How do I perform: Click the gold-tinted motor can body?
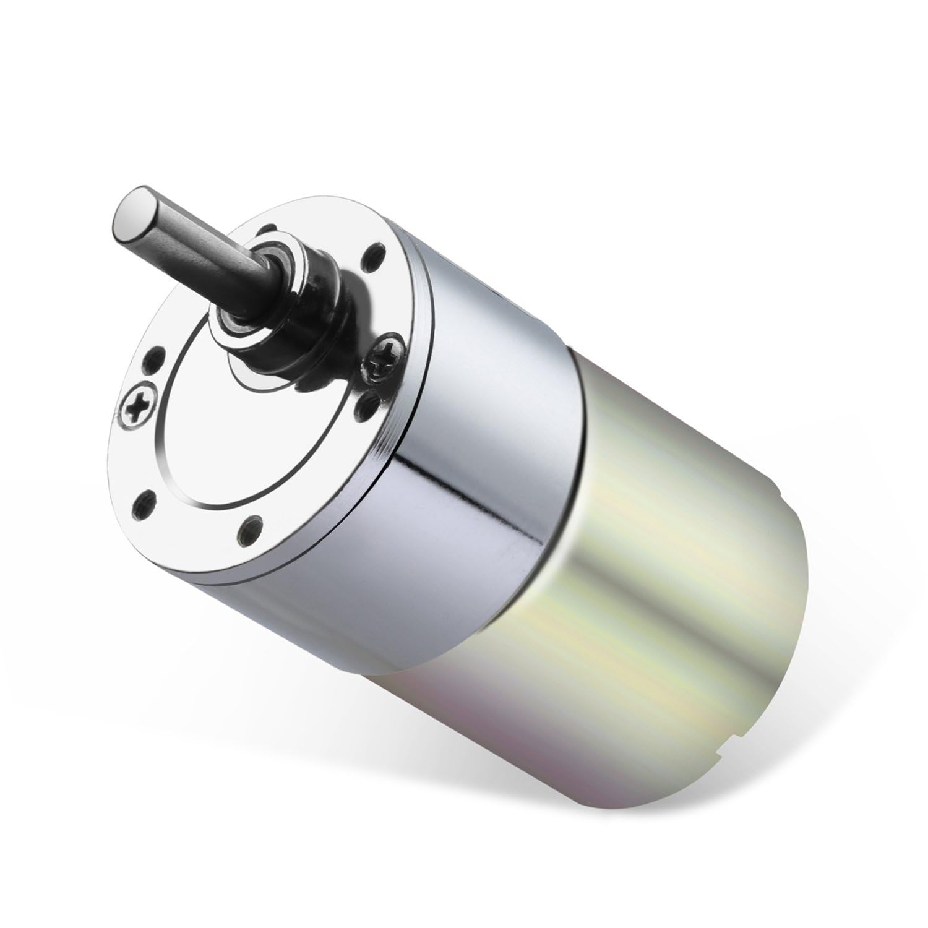(650, 588)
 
